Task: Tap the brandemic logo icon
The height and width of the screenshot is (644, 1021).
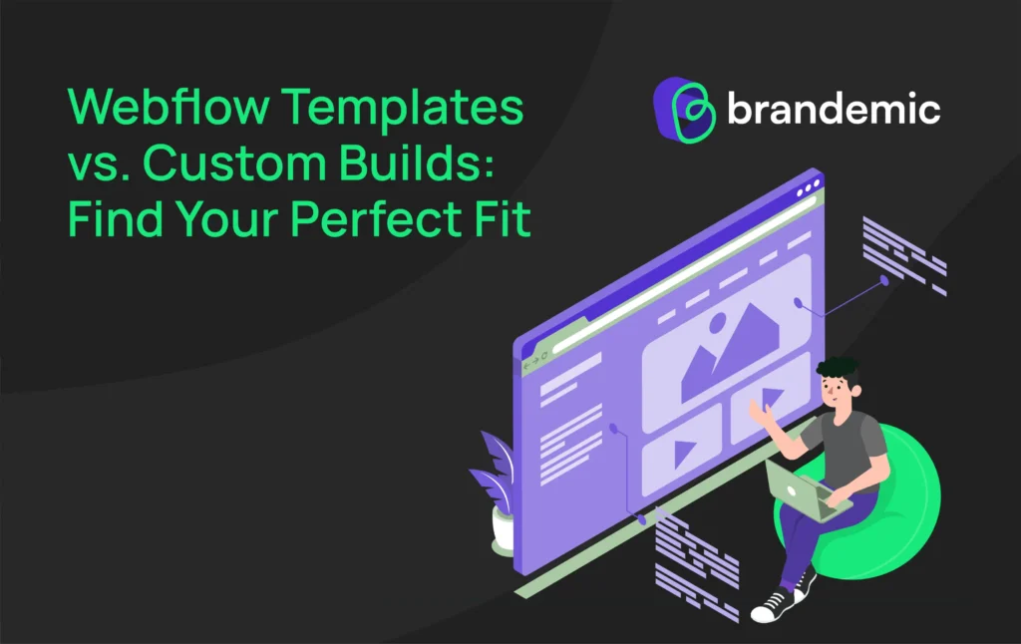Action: (686, 109)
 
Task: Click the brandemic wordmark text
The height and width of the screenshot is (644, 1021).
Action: (833, 109)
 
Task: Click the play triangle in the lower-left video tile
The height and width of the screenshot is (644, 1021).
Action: (683, 454)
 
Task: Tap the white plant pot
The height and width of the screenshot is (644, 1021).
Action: (503, 528)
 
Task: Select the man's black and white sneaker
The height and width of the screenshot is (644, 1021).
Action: (771, 603)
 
